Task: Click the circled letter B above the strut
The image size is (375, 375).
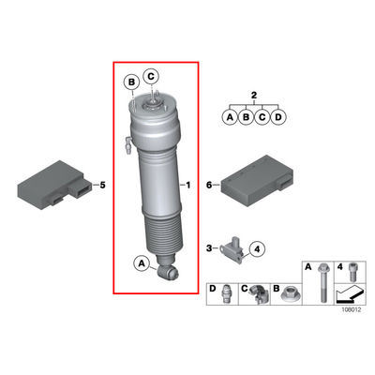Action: [132, 82]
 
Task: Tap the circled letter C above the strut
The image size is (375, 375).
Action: [151, 76]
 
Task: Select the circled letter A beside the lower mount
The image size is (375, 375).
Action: [142, 263]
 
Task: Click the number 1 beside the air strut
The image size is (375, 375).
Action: [188, 186]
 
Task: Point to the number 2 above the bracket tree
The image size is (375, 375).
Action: [254, 95]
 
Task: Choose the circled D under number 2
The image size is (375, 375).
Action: [278, 117]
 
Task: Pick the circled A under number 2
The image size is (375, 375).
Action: [230, 117]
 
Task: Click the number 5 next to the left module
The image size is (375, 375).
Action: [102, 185]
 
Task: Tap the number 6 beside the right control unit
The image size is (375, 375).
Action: [209, 185]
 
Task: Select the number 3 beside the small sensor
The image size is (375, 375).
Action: [209, 248]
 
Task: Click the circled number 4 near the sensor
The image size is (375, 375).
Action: [257, 249]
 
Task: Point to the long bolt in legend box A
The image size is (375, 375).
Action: [322, 283]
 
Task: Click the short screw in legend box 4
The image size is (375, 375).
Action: [352, 272]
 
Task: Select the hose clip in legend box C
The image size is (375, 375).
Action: [259, 294]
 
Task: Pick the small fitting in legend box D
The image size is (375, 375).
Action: [227, 294]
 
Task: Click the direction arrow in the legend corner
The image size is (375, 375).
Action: [350, 294]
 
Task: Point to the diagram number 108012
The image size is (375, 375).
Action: [351, 310]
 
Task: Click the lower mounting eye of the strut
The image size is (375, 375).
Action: [168, 272]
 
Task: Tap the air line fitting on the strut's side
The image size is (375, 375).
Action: [128, 143]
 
